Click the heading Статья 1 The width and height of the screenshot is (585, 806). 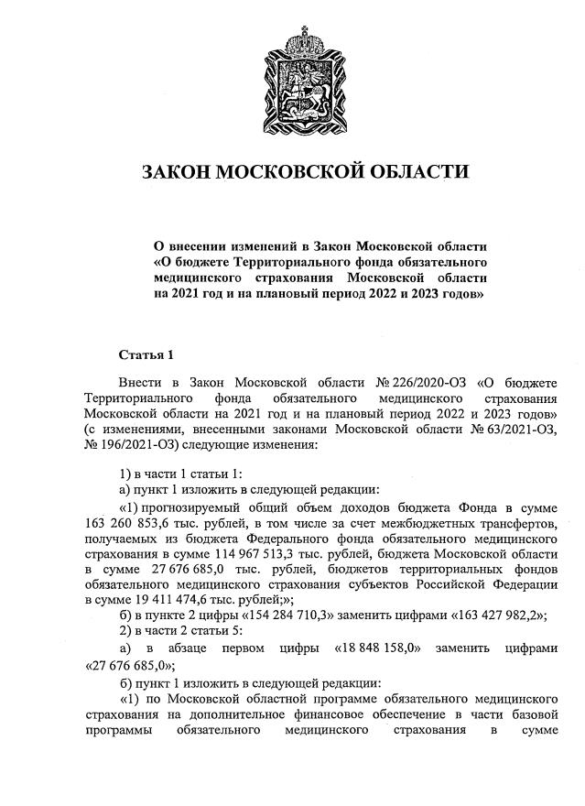pyautogui.click(x=146, y=354)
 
